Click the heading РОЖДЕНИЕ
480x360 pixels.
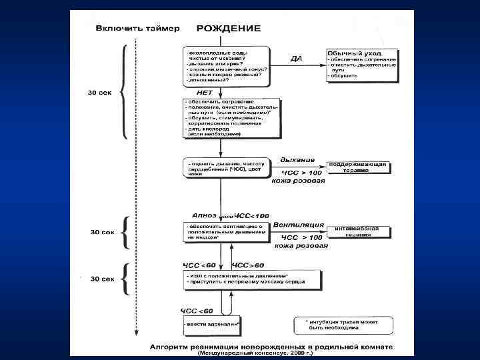click(229, 29)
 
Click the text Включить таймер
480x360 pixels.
click(137, 29)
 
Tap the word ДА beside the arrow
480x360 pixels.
click(297, 59)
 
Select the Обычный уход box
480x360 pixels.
click(361, 64)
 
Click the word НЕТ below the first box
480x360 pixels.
click(205, 92)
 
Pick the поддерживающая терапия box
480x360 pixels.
click(357, 167)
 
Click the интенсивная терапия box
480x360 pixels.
click(357, 232)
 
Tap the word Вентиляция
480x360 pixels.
click(302, 225)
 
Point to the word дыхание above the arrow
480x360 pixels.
click(297, 160)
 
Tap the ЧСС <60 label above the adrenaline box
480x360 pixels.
click(197, 311)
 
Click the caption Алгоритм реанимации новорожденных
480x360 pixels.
click(271, 347)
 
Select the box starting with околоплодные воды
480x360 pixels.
click(226, 67)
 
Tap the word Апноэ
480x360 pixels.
click(204, 215)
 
